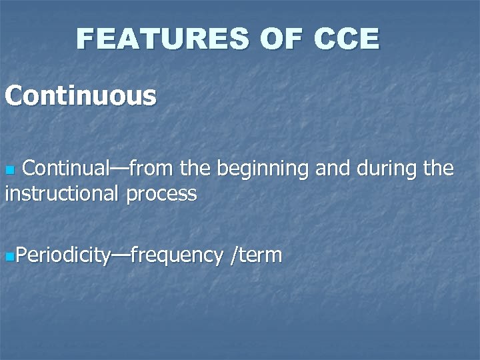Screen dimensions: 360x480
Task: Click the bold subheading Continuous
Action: tap(81, 95)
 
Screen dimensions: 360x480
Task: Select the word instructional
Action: tap(60, 194)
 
